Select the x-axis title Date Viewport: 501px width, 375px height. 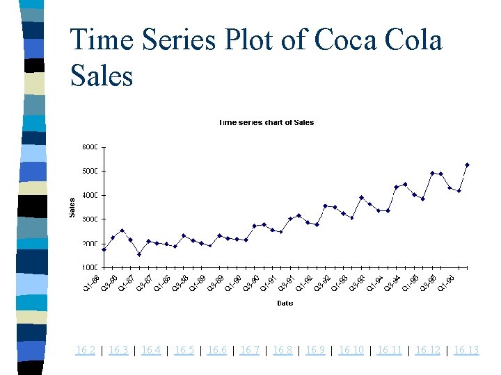(x=285, y=303)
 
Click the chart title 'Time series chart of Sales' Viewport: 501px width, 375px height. (x=266, y=123)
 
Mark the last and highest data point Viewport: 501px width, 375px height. (x=467, y=165)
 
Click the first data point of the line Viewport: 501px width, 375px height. (x=104, y=249)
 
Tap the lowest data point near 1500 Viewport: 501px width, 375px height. (x=139, y=254)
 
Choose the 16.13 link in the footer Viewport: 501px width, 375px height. (x=466, y=350)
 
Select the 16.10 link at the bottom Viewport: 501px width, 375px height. (x=351, y=350)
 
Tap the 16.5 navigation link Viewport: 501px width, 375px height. (x=184, y=350)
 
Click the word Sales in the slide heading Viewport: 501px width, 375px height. (x=102, y=75)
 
